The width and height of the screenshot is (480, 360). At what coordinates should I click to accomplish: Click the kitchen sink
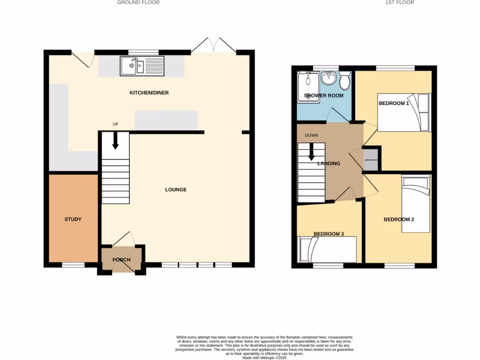coord(142,66)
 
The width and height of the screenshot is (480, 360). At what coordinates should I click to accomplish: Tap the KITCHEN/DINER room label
coord(149,93)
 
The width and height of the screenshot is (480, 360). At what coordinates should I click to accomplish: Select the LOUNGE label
coord(176,190)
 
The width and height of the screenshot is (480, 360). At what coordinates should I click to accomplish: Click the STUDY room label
coord(73,219)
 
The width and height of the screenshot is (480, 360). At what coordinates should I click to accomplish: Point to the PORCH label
coord(121,260)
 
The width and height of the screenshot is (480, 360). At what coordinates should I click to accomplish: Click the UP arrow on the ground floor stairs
coord(115,141)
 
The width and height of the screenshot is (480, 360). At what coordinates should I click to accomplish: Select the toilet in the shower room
coord(345,81)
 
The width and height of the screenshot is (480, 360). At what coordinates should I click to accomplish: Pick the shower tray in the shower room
coord(308,86)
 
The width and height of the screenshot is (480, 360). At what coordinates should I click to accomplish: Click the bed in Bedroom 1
coord(404,113)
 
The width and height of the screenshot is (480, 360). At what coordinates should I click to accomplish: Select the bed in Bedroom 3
coord(327,249)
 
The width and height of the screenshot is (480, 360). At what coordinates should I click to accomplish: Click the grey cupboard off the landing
coord(371,160)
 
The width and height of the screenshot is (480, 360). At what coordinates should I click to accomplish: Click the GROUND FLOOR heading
coord(138,2)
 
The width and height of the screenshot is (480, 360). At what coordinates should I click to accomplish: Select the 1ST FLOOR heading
coord(399,2)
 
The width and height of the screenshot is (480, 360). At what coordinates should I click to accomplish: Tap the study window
coord(74,265)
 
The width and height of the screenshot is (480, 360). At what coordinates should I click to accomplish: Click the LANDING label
coord(329,164)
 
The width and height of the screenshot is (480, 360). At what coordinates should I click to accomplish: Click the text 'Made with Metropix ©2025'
coord(264,358)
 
